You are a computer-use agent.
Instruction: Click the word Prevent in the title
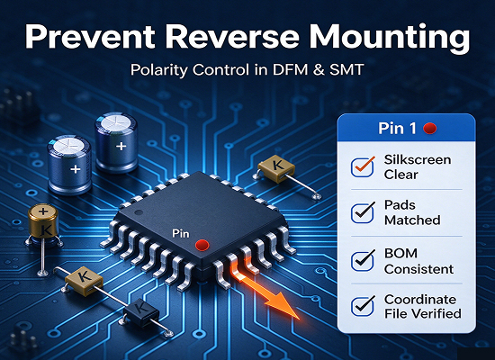[90, 36]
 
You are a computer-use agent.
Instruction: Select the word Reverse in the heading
[232, 36]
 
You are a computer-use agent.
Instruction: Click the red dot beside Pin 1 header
[429, 129]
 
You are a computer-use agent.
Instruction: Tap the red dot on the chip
[202, 245]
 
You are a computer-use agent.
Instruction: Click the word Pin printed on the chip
[181, 234]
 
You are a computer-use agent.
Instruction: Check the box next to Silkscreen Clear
[362, 167]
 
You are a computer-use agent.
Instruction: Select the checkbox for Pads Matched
[362, 212]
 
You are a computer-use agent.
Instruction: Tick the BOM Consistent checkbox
[362, 260]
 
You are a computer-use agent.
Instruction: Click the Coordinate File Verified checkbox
[362, 306]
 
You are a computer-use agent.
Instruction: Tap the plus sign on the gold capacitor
[43, 211]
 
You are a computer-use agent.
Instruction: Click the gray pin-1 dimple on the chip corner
[139, 212]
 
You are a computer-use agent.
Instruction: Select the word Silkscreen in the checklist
[418, 160]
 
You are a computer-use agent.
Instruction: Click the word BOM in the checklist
[400, 253]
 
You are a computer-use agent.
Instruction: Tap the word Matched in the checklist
[412, 220]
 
